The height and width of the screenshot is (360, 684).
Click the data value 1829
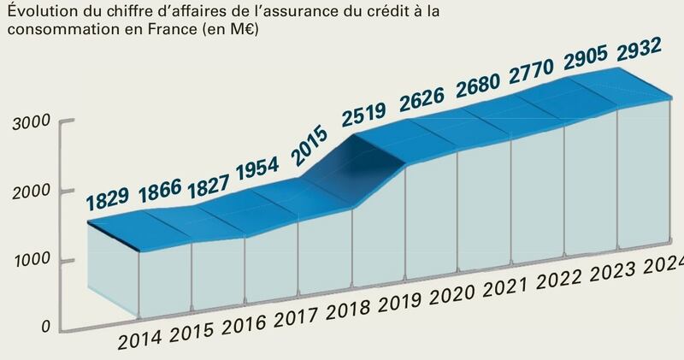[x=108, y=199]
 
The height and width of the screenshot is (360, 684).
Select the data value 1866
[x=160, y=191]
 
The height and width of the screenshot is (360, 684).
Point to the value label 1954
[x=257, y=168]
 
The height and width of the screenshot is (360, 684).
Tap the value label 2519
[x=364, y=114]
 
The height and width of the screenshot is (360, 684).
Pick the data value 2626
[x=422, y=99]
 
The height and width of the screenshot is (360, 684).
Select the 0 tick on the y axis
[x=46, y=327]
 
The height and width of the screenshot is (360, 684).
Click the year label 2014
[x=139, y=340]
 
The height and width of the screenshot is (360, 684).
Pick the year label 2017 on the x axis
[x=296, y=318]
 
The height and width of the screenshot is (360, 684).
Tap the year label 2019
[x=400, y=302]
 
